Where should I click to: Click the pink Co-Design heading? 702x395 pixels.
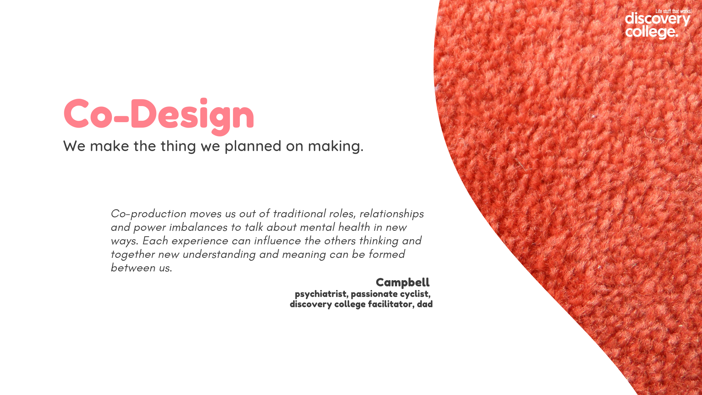click(159, 115)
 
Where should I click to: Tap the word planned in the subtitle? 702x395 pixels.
click(253, 146)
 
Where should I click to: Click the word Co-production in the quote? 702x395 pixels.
click(148, 214)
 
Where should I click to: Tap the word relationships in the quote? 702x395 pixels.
click(392, 214)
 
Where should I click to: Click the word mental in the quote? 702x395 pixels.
click(317, 227)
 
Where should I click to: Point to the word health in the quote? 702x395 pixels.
click(354, 227)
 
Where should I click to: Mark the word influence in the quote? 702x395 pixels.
click(278, 241)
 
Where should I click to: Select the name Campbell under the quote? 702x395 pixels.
click(403, 283)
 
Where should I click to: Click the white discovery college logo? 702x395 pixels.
click(657, 25)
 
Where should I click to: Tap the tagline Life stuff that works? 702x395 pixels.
click(673, 11)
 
